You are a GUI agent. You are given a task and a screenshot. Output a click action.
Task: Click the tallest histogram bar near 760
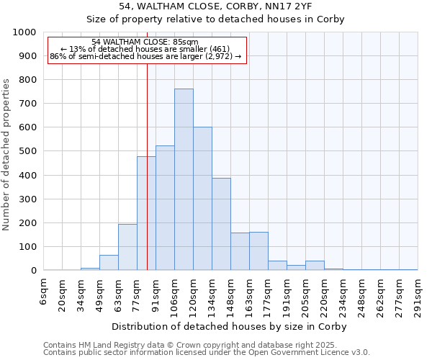pyautogui.click(x=184, y=180)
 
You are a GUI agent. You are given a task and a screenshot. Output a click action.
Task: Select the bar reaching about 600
pyautogui.click(x=202, y=199)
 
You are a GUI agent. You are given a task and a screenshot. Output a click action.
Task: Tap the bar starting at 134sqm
pyautogui.click(x=221, y=224)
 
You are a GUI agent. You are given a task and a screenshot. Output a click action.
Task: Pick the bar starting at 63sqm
pyautogui.click(x=127, y=247)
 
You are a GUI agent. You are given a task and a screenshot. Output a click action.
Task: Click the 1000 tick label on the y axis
pyautogui.click(x=24, y=32)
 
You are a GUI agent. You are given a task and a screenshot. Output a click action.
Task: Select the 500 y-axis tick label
pyautogui.click(x=27, y=151)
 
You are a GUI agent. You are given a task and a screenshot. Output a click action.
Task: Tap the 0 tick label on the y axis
pyautogui.click(x=33, y=271)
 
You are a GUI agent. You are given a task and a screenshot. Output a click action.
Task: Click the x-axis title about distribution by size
pyautogui.click(x=230, y=326)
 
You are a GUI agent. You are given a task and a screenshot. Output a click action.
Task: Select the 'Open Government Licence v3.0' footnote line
pyautogui.click(x=207, y=352)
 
